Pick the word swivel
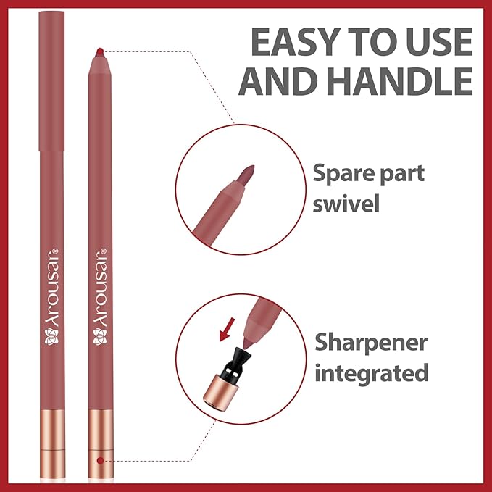tap(347, 204)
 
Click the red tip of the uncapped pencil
tap(99, 50)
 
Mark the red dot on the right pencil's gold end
tap(99, 461)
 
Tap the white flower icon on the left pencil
tap(51, 335)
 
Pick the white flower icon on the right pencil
tap(99, 335)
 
